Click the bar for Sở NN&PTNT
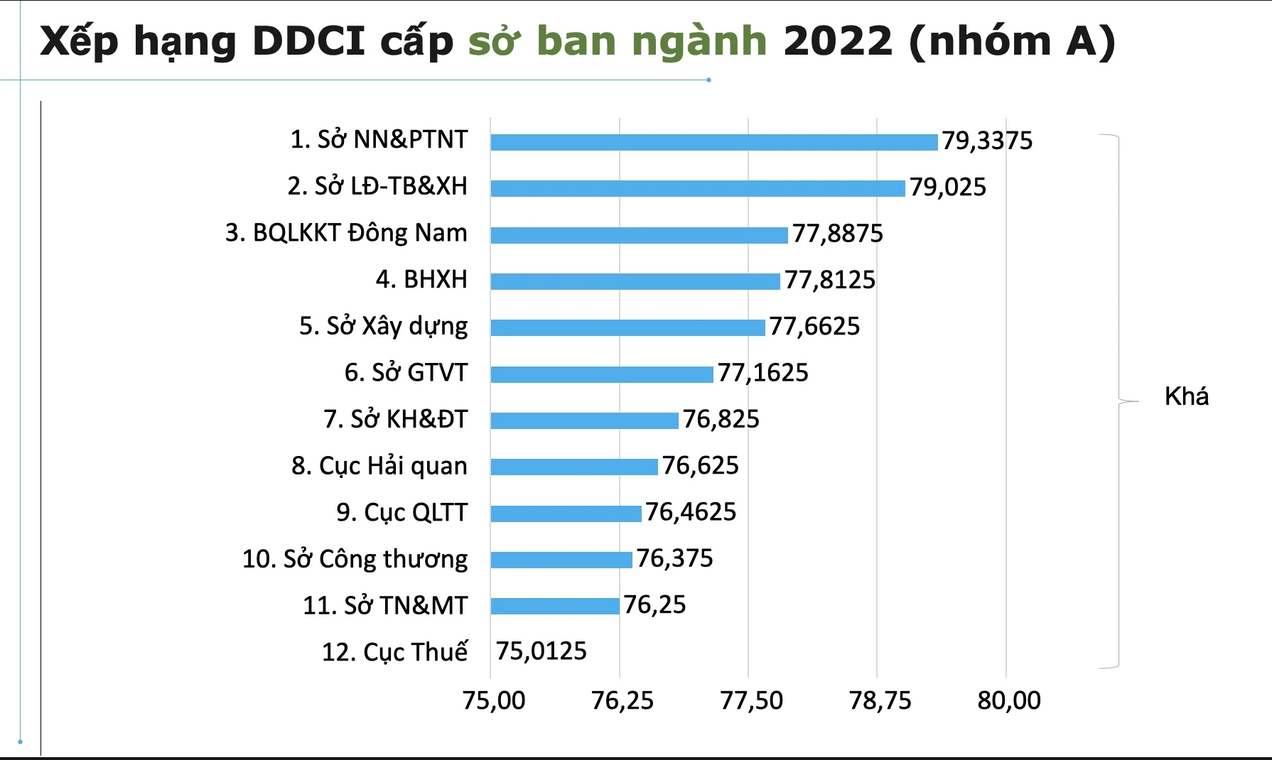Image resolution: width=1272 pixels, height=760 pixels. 714,142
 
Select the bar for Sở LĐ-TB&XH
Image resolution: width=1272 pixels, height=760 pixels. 698,188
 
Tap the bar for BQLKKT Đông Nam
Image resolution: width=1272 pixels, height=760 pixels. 639,235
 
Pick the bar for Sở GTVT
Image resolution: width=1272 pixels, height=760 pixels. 601,374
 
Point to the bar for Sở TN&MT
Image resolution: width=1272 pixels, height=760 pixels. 555,606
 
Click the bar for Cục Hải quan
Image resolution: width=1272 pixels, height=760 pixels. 574,467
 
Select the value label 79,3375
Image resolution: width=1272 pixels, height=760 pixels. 987,141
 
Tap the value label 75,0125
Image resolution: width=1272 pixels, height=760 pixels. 541,651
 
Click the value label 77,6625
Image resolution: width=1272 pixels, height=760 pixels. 814,326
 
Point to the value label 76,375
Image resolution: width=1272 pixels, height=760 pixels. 674,558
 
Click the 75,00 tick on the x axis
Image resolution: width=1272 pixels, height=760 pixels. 494,700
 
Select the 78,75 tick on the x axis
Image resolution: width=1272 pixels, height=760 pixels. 880,700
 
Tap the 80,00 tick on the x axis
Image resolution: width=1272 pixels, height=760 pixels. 1009,700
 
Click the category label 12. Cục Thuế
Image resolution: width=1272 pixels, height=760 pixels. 394,651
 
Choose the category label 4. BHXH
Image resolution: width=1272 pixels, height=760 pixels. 421,279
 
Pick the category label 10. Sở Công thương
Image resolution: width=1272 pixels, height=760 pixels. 355,559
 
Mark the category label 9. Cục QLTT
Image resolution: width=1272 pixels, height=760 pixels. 401,512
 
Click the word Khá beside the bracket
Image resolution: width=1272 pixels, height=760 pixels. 1186,396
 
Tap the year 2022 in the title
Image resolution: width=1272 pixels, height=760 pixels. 838,40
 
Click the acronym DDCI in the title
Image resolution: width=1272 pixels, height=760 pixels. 308,40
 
